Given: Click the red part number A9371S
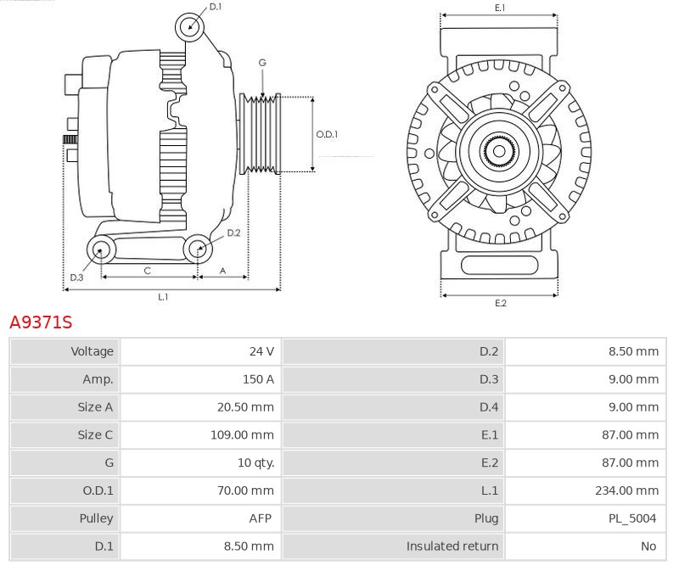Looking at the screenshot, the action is pos(41,322).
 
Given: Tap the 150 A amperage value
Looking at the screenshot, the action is pos(258,379).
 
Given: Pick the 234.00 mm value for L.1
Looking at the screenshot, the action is pos(626,490).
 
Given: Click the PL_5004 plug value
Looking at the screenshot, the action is pos(632,518).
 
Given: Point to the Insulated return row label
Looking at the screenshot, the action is pos(452,546).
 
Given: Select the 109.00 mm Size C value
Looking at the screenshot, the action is pos(242,434).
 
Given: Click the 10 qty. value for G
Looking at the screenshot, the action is pos(256,462).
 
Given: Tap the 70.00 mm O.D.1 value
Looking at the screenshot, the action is pos(245,490).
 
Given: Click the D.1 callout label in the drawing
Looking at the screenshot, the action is pos(216,7).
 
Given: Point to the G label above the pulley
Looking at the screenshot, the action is pos(262,63).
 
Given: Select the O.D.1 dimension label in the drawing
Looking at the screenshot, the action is pos(327,134).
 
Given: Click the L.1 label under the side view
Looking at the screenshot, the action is pos(163,297).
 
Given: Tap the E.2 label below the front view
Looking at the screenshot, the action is pos(501,303).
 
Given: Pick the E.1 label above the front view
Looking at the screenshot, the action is pos(500,8).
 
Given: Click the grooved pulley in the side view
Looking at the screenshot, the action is pos(261,134).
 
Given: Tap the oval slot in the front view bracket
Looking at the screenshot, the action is pos(499,265).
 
